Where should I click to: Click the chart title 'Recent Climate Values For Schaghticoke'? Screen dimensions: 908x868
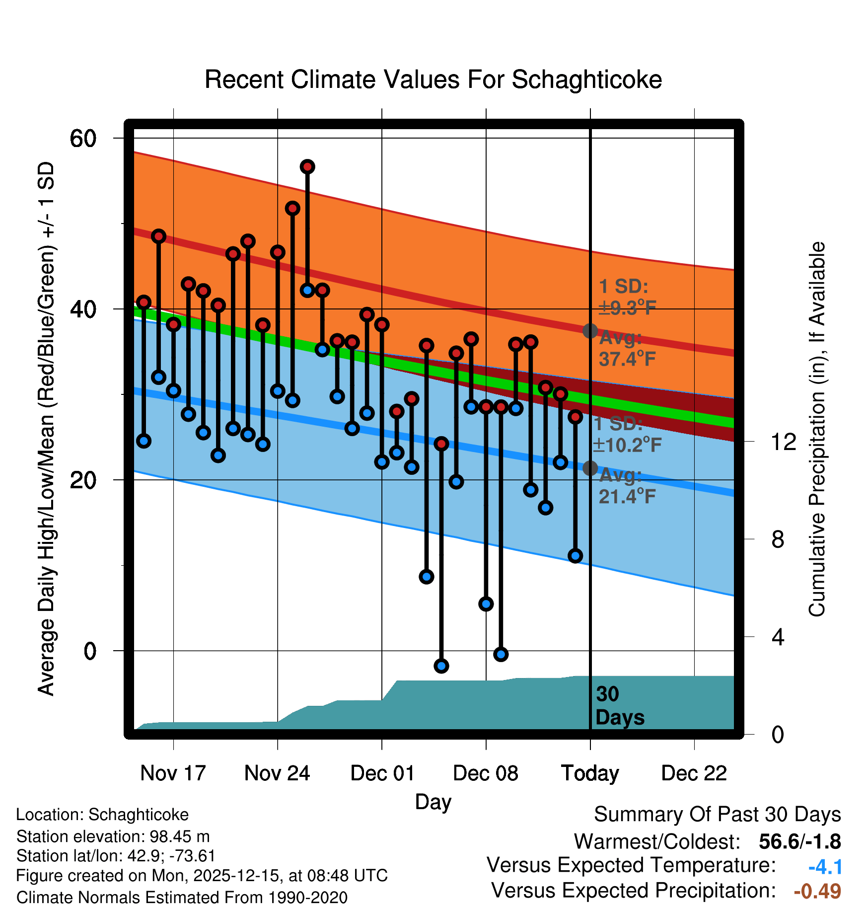[433, 79]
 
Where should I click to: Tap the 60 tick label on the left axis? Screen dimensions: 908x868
[83, 138]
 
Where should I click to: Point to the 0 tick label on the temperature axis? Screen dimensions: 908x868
[90, 651]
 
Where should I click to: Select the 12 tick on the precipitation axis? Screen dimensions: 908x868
[784, 441]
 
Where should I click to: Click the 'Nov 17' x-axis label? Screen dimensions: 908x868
[173, 773]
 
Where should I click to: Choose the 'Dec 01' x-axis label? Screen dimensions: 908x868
[382, 773]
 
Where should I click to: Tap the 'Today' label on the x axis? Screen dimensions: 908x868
[590, 773]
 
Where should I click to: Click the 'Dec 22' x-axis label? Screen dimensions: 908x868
[694, 773]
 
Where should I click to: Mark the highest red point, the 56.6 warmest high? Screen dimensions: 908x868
[307, 167]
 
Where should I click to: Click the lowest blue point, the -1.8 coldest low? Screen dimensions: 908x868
[441, 666]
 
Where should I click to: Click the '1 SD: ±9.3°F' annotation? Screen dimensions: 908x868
[627, 297]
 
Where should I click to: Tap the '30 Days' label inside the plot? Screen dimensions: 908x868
[619, 706]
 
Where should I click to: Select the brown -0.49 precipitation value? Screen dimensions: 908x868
[817, 891]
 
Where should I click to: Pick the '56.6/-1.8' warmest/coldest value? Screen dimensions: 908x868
[799, 841]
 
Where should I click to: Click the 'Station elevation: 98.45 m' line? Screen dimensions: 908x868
[113, 836]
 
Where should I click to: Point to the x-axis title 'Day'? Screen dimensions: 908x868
[433, 802]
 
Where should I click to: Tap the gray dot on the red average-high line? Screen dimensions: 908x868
[590, 331]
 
